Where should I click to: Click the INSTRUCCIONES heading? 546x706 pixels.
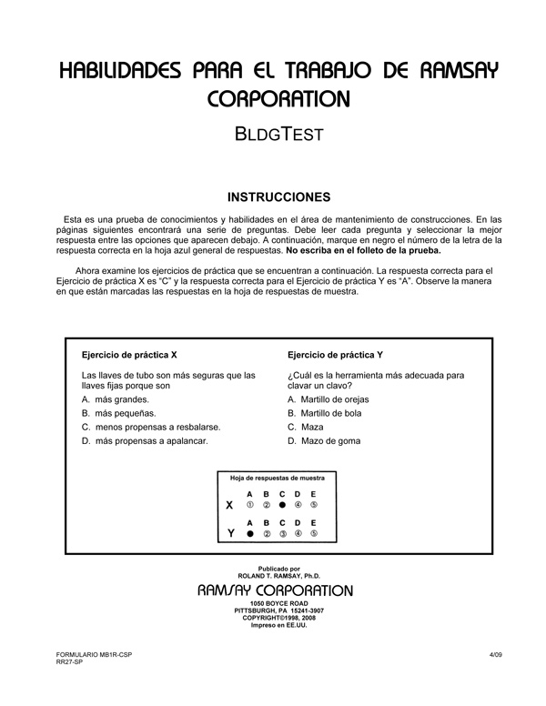tap(272, 197)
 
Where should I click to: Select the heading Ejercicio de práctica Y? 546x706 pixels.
tap(335, 355)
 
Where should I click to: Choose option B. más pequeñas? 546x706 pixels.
tap(118, 413)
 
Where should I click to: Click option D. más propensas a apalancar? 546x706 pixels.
tap(144, 441)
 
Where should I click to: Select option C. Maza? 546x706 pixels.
tap(306, 427)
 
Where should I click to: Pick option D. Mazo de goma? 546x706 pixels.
tap(323, 441)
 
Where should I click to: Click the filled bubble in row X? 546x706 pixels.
tap(282, 504)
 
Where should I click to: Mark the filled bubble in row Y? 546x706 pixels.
tap(249, 534)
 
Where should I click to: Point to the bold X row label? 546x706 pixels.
tap(229, 504)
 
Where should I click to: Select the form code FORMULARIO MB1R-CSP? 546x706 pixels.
tap(86, 655)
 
